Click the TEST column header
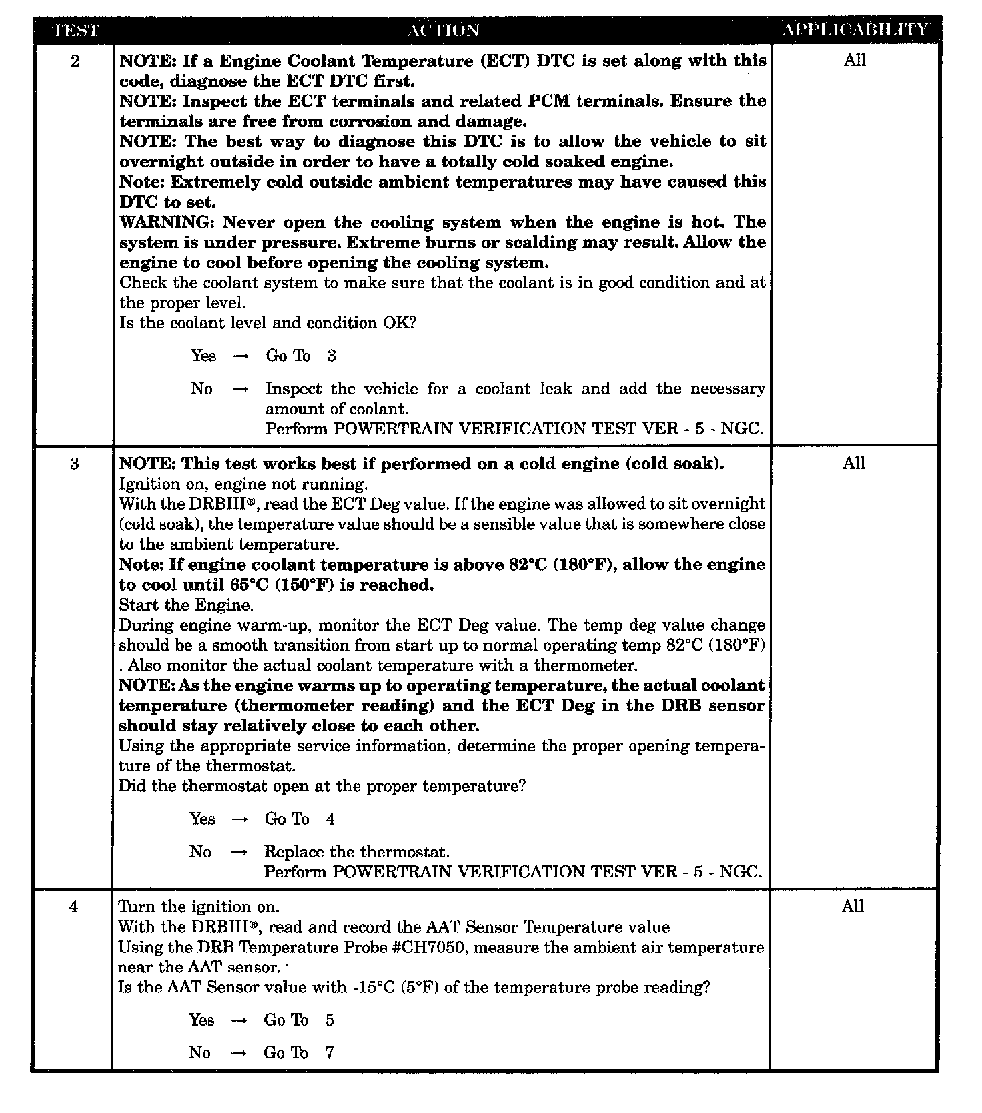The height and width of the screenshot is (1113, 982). (x=75, y=30)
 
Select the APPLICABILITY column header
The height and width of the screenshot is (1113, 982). (x=856, y=30)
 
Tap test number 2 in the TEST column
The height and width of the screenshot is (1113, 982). (x=75, y=61)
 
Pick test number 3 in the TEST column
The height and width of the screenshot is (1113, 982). (x=74, y=464)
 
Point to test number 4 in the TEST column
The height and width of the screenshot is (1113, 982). (x=73, y=907)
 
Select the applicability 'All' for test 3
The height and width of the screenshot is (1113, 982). (x=854, y=464)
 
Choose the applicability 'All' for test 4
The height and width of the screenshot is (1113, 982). (x=853, y=907)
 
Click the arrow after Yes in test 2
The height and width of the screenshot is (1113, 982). (x=241, y=356)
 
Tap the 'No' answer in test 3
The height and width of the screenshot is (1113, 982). (x=200, y=851)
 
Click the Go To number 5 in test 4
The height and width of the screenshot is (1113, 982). (x=330, y=1020)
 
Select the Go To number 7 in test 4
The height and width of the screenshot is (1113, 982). (x=330, y=1052)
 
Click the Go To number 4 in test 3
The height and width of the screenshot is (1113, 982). (x=330, y=819)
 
